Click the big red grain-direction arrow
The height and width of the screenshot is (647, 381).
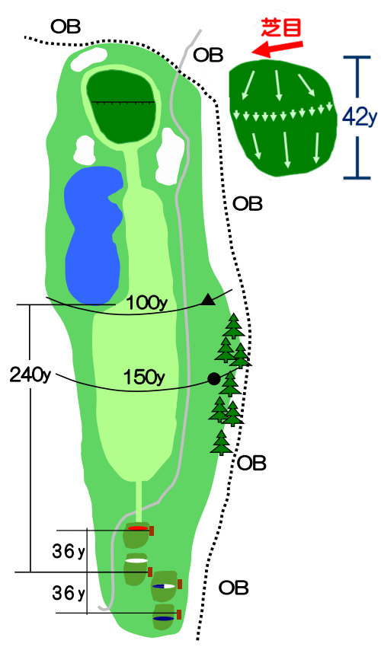(277, 49)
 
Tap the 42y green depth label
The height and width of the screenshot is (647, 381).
(360, 118)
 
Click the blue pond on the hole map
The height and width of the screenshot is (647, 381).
(94, 233)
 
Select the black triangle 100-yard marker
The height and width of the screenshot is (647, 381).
(208, 299)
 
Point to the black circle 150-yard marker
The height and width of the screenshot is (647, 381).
(213, 379)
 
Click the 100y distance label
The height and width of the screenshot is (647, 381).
(147, 303)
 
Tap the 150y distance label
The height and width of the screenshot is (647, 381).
(144, 377)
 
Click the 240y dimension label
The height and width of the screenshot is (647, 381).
(30, 375)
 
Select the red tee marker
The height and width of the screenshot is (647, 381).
(137, 527)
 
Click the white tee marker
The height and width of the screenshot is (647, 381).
(137, 561)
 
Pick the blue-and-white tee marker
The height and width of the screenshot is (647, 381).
(164, 586)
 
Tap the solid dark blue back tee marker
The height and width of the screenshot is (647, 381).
(164, 618)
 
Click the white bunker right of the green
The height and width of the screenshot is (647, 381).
(168, 155)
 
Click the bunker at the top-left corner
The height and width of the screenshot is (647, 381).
(88, 58)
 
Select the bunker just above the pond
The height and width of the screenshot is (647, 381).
(85, 149)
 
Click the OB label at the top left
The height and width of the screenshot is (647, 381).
(66, 27)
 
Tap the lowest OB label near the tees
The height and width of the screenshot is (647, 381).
(233, 588)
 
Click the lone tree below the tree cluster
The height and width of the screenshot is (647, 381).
(222, 442)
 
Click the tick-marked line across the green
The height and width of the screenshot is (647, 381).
(123, 102)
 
